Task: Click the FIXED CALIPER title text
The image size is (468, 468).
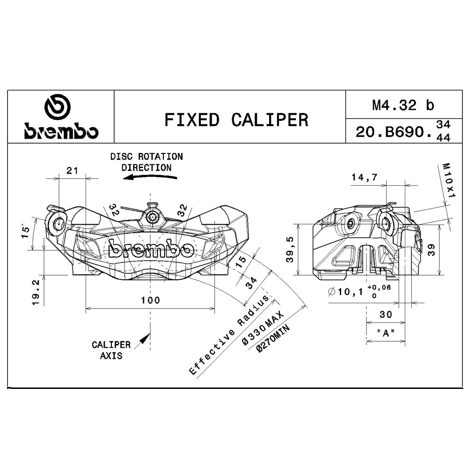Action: pos(236,120)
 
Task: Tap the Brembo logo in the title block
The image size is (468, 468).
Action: pos(61,117)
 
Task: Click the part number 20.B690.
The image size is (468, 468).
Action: pos(394,132)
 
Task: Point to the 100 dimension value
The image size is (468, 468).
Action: pos(150,300)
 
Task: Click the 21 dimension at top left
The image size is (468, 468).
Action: pos(72,170)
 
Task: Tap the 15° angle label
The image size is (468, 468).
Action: pos(27,232)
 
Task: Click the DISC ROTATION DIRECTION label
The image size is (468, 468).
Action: pos(146,161)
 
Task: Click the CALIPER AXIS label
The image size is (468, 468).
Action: pos(111,350)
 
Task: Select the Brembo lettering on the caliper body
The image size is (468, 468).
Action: pos(151,249)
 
